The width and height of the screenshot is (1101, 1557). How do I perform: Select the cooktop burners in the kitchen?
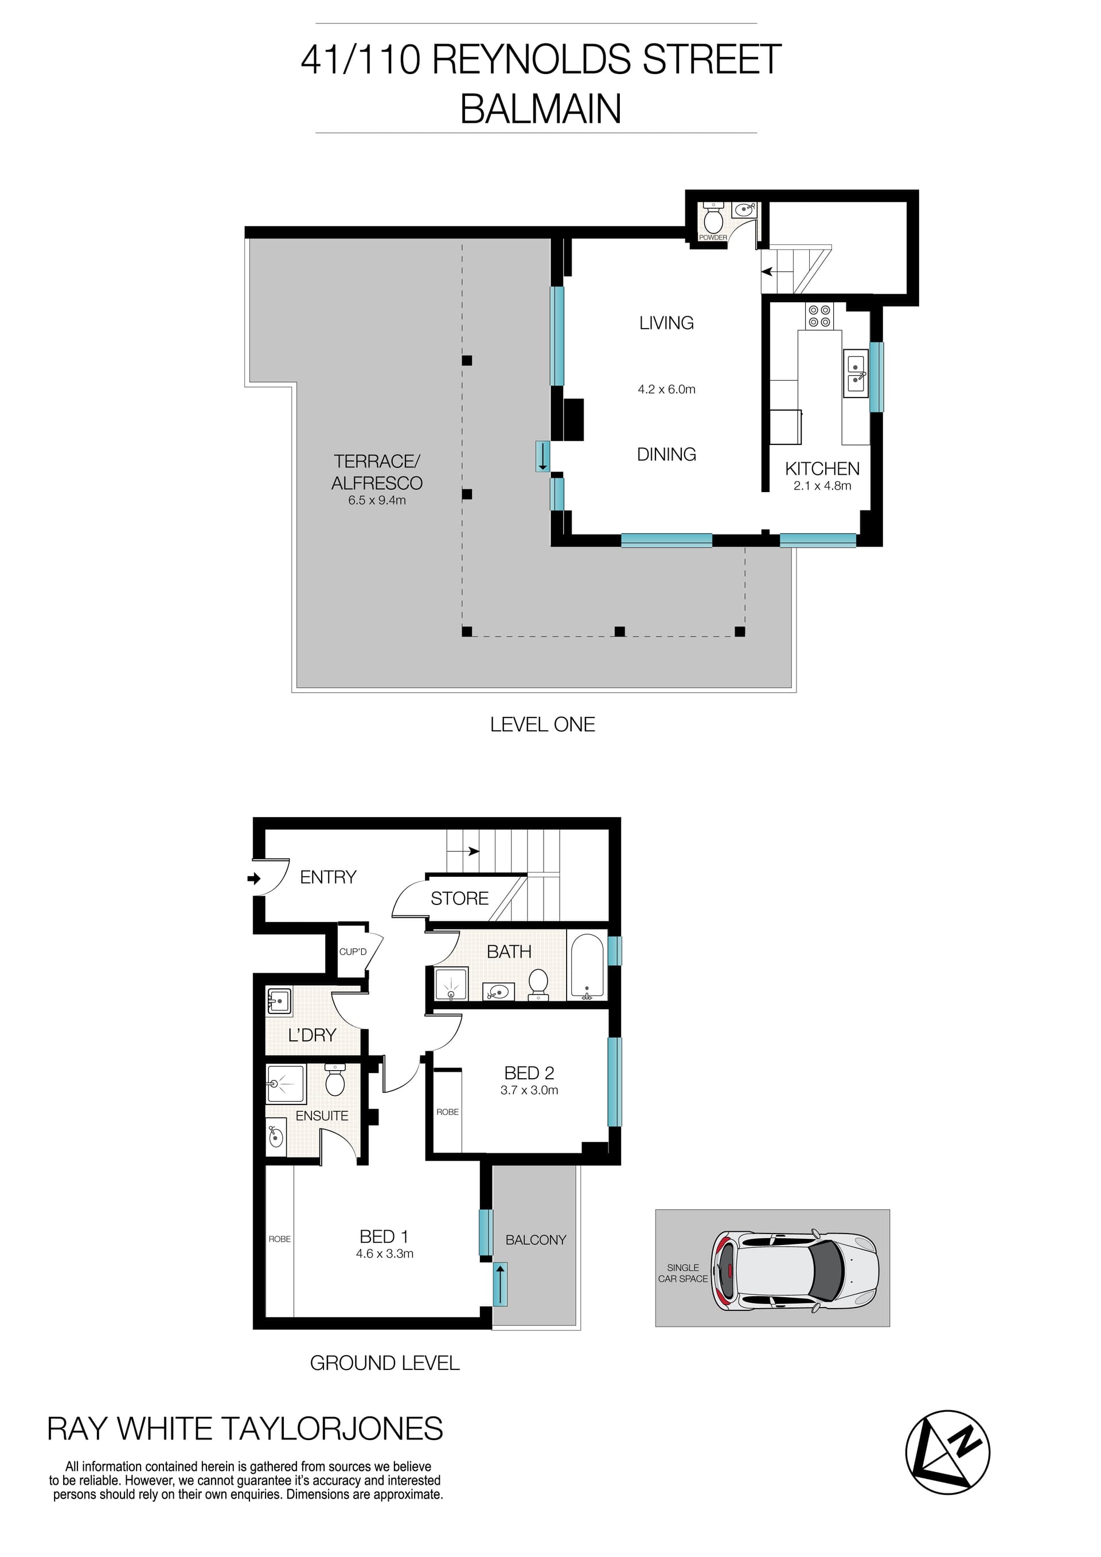tap(819, 316)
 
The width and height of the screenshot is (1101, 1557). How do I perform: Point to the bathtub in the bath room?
tap(587, 967)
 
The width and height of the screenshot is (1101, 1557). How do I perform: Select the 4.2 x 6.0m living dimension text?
tap(666, 389)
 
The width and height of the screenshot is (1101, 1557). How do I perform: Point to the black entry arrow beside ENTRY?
tap(254, 879)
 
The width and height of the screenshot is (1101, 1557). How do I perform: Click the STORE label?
tap(460, 899)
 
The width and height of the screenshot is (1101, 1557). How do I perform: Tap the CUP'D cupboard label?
tap(353, 951)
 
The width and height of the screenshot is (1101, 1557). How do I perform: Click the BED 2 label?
tap(529, 1073)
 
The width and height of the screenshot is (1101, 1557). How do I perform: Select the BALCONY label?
tap(536, 1240)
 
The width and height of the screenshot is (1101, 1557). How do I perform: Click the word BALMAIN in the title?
tap(540, 108)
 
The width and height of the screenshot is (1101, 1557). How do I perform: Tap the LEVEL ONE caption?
tap(542, 724)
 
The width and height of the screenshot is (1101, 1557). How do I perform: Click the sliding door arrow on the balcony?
tap(499, 1283)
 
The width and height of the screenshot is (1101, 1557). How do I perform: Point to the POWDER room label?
tap(713, 237)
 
